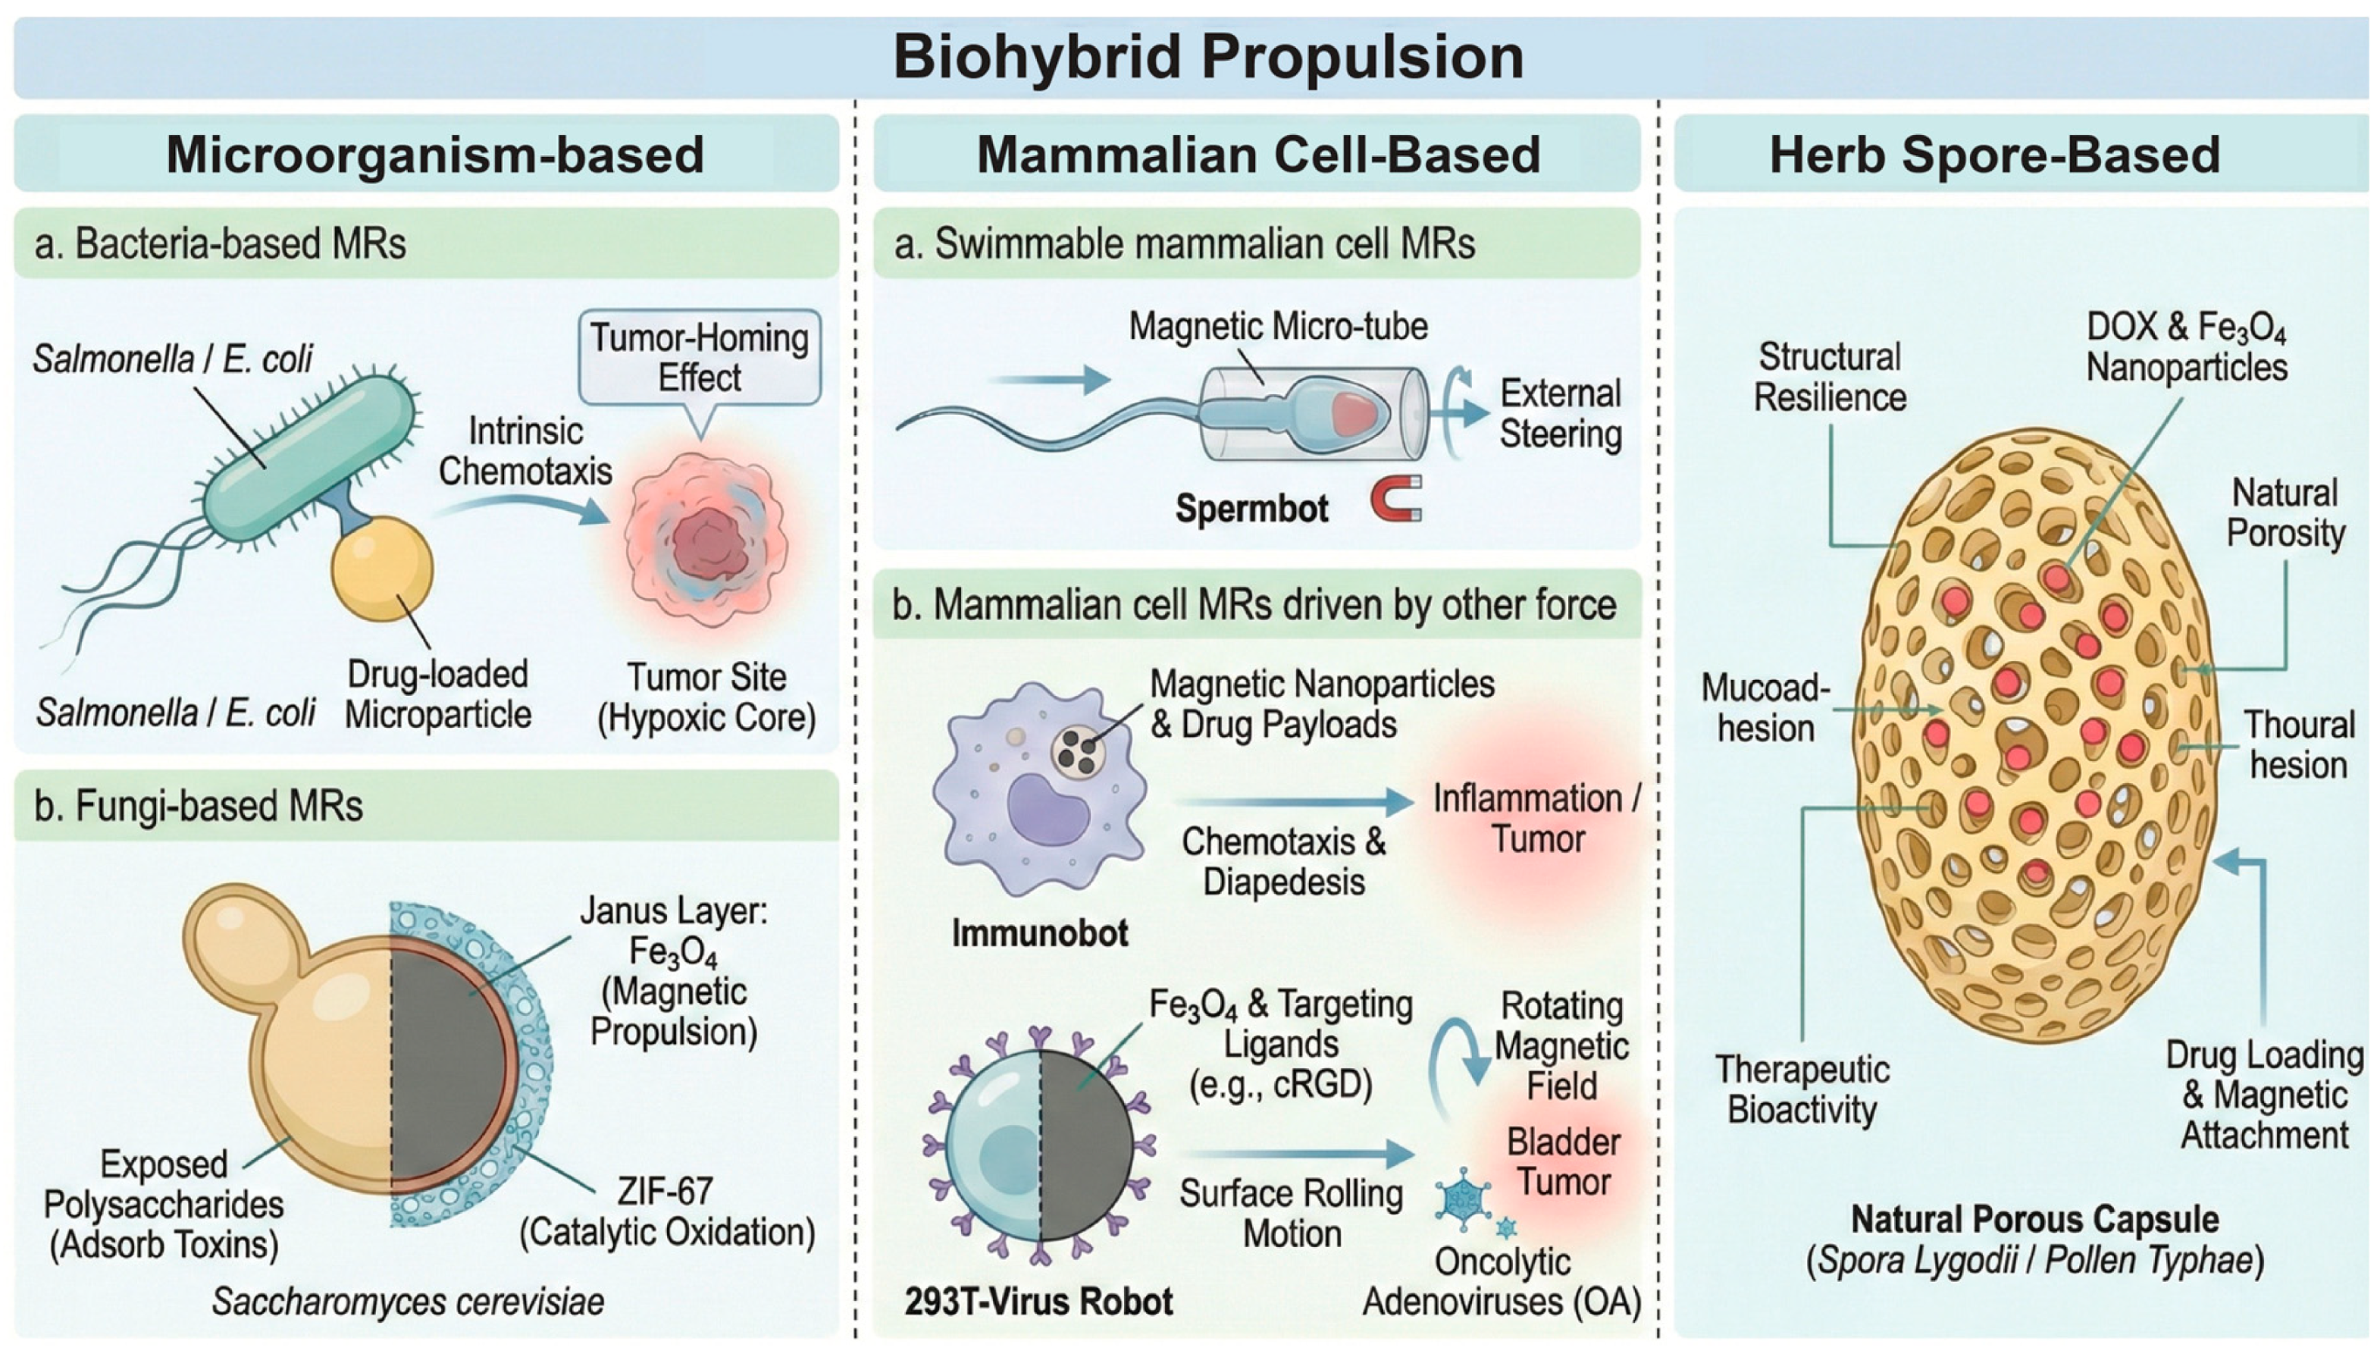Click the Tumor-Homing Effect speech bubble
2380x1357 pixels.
tap(699, 359)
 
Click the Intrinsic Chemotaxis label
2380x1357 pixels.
tap(525, 451)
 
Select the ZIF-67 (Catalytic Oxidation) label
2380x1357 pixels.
tap(666, 1211)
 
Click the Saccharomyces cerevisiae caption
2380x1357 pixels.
tap(407, 1301)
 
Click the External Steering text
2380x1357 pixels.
tap(1560, 414)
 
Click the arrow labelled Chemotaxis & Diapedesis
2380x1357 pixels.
tap(1295, 801)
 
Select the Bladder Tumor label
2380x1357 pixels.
tap(1563, 1162)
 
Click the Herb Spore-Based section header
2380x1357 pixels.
tap(1994, 155)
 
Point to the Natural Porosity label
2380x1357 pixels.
tap(2285, 513)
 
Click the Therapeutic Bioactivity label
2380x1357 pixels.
tap(1802, 1089)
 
